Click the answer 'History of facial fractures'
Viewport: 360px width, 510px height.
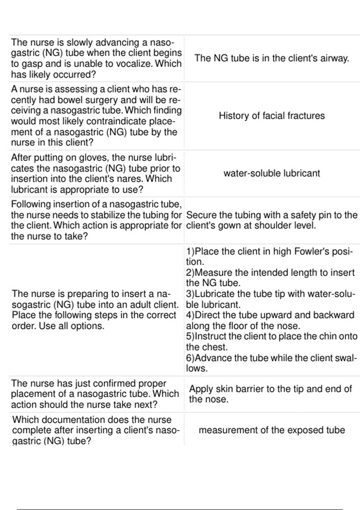271,115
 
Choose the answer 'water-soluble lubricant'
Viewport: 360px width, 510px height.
271,173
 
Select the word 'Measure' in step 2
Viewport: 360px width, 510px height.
214,272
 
